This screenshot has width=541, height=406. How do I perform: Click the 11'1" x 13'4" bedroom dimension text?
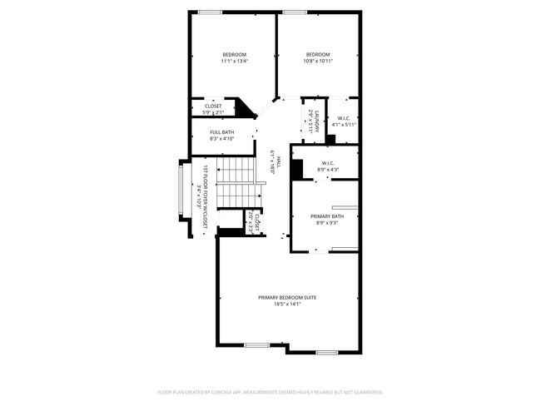coord(235,61)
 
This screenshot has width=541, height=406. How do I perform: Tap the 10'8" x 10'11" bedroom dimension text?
coord(318,61)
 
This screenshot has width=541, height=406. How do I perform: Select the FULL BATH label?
coord(221,132)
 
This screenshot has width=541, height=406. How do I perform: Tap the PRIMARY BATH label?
coord(327,216)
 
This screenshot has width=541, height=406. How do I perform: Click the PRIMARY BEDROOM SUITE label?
coord(287,297)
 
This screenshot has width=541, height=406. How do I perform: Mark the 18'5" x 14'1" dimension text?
coord(287,304)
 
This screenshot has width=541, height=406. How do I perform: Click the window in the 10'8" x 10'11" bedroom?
coord(294,12)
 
